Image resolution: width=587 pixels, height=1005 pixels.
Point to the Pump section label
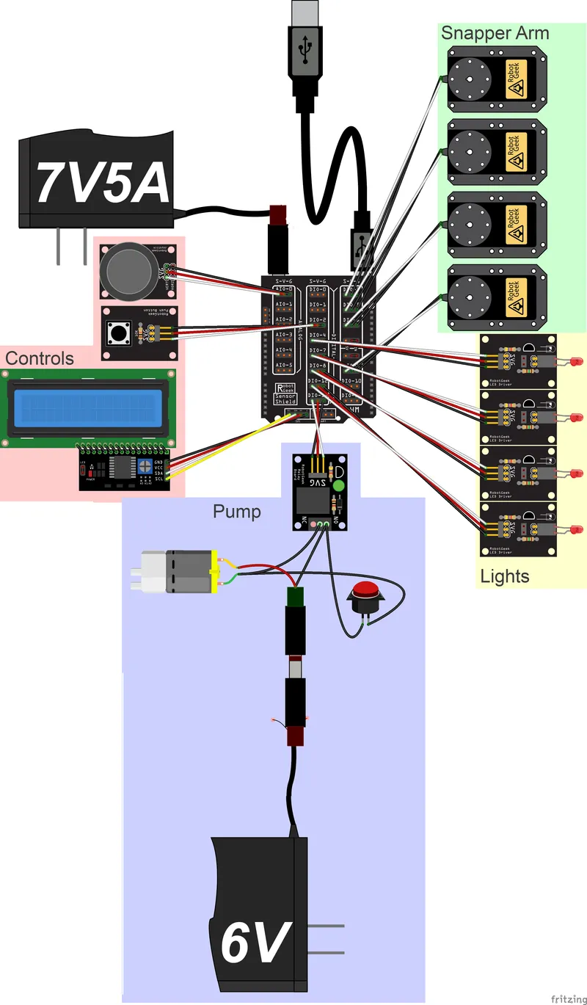point(236,511)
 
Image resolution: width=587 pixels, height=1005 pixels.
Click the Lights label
point(504,576)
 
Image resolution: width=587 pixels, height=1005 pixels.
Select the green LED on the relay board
point(338,485)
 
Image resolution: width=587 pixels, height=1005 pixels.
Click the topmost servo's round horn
point(467,76)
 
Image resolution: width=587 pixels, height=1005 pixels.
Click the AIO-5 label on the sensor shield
point(284,365)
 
